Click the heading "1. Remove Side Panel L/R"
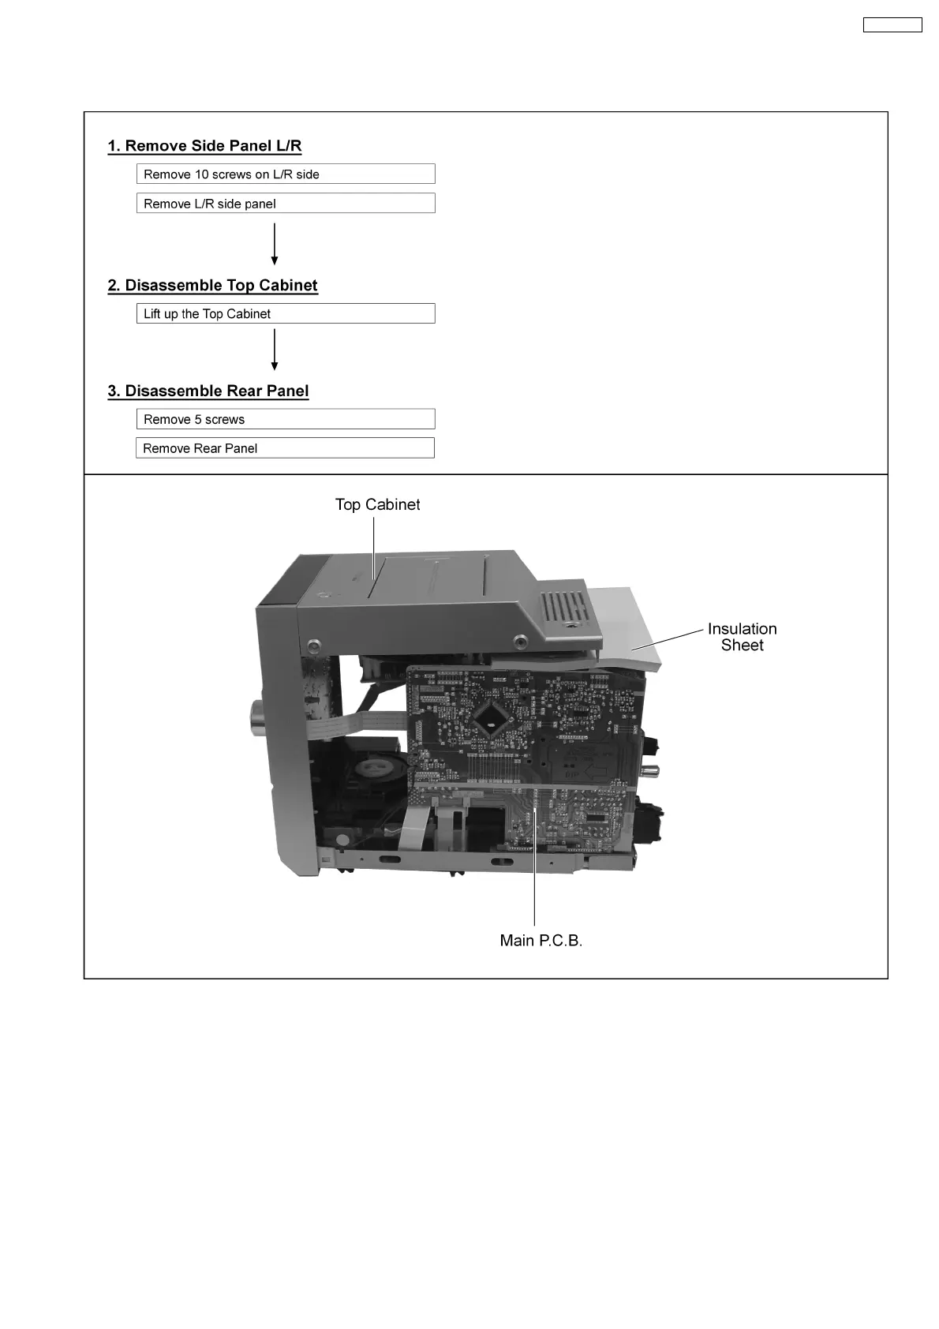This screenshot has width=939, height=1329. pos(204,146)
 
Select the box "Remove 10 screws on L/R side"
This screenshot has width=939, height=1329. pos(286,174)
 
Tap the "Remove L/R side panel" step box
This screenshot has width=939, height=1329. pos(286,204)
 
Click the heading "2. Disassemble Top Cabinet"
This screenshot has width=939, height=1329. pos(212,286)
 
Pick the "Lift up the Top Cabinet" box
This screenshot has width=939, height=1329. pos(286,314)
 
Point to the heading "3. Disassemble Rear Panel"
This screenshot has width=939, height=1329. pos(208,391)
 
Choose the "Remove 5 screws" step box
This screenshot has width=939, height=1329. pos(286,420)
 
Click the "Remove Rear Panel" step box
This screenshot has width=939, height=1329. pos(285,448)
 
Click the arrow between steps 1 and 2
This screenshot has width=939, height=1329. pos(275,244)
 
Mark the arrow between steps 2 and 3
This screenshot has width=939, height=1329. pos(275,350)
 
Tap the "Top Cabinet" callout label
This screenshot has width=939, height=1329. pos(377,505)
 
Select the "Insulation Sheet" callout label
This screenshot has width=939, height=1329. pos(742,637)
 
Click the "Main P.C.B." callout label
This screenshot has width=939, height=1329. pos(541,941)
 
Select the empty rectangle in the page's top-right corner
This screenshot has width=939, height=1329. pos(892,25)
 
